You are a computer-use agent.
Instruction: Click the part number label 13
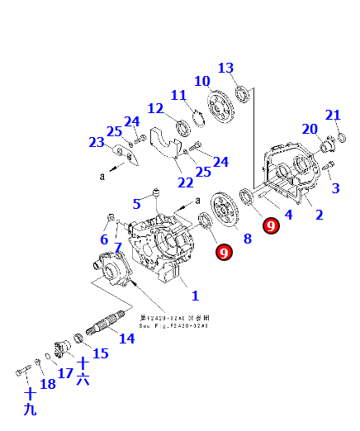pos(225,68)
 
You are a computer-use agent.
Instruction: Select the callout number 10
pos(202,81)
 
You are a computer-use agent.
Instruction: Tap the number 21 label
pos(333,115)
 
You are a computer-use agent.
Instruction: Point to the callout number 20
pos(310,129)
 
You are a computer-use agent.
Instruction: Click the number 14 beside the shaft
pos(126,339)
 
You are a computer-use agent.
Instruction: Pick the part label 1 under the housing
pos(195,295)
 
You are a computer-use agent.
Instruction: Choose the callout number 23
pos(97,142)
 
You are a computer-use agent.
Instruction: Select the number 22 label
pos(185,182)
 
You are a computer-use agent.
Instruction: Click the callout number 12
pos(156,108)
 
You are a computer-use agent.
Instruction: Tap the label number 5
pos(138,203)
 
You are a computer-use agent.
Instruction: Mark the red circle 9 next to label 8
pos(223,252)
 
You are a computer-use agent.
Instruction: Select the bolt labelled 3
pos(329,170)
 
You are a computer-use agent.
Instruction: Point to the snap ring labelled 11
pos(199,120)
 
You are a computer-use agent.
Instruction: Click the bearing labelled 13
pos(242,92)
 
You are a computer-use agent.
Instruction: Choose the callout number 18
pos(48,384)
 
